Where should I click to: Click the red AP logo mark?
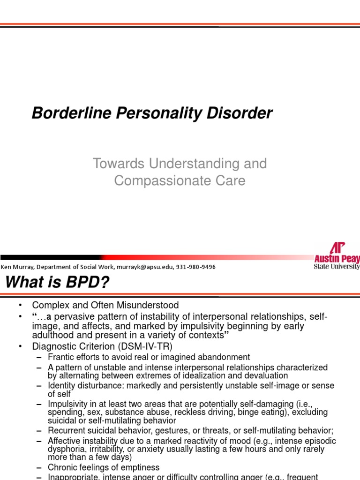337,248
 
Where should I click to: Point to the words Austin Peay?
337,259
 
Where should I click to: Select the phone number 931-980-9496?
197,267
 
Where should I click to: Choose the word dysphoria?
65,449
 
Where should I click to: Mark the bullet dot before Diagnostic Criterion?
20,346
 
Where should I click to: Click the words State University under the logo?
337,267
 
